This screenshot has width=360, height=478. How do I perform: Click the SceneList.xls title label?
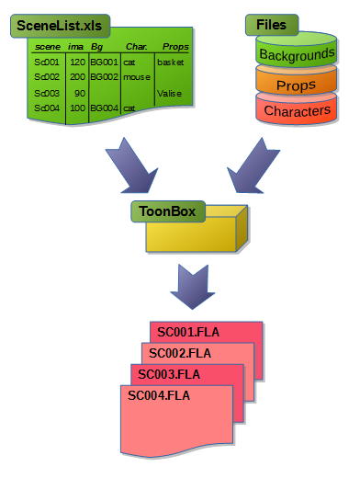[x=60, y=26]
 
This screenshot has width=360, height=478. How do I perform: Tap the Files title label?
[x=272, y=25]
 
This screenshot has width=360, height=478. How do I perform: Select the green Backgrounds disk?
[x=296, y=50]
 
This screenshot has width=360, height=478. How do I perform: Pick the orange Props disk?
[x=296, y=80]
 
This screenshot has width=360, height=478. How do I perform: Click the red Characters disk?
[x=296, y=108]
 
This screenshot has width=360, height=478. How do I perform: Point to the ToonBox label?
[x=168, y=211]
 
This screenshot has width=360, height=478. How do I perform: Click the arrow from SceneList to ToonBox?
[x=131, y=165]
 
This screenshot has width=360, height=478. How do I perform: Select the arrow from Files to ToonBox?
[x=253, y=165]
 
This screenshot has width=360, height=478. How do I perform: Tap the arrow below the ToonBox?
[x=193, y=287]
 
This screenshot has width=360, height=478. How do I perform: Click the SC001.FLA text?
[x=188, y=333]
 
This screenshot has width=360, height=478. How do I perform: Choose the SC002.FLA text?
[x=180, y=354]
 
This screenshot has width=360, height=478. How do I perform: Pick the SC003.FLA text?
[x=169, y=374]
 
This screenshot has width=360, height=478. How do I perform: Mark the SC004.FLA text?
[x=159, y=395]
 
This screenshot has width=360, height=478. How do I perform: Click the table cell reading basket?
[x=171, y=63]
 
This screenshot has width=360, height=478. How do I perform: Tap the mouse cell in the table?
[x=137, y=77]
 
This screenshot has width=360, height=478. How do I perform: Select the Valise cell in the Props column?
[x=169, y=93]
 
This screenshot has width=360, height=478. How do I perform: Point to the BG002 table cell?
[x=104, y=76]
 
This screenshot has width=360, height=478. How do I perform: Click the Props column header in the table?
[x=175, y=47]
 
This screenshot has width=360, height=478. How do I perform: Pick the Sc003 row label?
[x=47, y=93]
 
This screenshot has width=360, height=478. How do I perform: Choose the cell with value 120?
[x=77, y=63]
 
